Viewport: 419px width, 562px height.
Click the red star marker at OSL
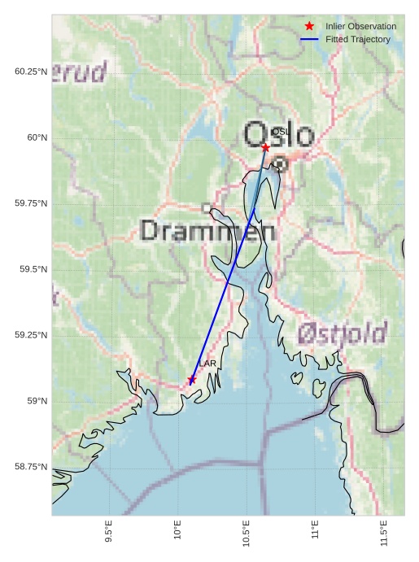coord(265,147)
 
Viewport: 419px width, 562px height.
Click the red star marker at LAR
coord(192,380)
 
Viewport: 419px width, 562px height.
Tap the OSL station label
coord(281,132)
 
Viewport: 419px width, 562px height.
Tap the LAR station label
coord(207,364)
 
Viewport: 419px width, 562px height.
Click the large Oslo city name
coord(278,135)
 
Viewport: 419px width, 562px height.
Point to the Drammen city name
coord(207,231)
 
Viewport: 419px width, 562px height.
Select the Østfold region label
coord(342,333)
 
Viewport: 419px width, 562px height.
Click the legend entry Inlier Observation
coord(360,27)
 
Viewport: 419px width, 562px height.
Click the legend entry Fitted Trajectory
coord(357,39)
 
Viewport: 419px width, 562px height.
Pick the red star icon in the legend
coord(309,27)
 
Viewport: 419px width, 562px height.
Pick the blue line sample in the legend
coord(309,39)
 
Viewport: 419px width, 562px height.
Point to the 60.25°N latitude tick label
coord(31,72)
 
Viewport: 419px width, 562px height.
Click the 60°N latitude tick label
coord(37,137)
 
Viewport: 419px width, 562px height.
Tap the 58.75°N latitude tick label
coord(31,467)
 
